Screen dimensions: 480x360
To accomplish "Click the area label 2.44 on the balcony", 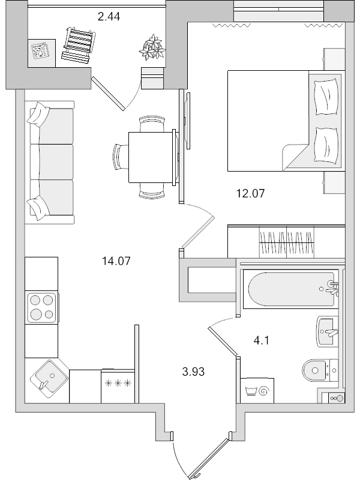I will tap(109, 17).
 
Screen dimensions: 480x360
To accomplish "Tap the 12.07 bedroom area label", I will tap(250, 193).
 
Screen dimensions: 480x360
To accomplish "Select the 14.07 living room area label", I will tap(116, 260).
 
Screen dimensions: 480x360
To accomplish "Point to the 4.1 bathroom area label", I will tap(261, 341).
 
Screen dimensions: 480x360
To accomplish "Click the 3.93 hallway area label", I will tap(193, 371).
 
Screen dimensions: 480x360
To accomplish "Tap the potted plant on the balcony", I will tap(151, 47).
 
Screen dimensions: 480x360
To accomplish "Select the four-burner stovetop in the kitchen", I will tap(41, 307).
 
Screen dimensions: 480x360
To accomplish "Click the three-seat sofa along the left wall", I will tap(51, 161).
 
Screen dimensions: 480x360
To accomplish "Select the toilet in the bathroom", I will tap(319, 370).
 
